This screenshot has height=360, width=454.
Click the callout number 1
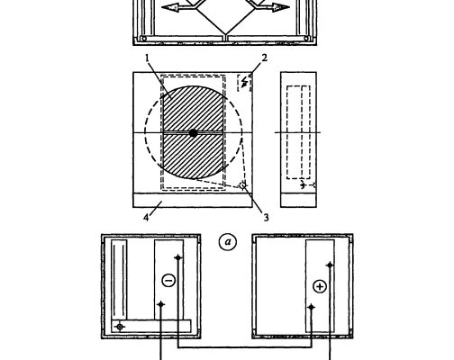(x=147, y=58)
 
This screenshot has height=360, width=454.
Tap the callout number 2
(x=264, y=58)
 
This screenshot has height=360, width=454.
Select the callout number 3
(x=266, y=218)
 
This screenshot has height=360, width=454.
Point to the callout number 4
(x=146, y=218)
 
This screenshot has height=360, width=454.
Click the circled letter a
(x=228, y=242)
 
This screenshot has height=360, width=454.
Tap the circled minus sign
(x=168, y=281)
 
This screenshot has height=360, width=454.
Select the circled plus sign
(x=320, y=286)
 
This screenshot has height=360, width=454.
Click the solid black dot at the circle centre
(x=193, y=133)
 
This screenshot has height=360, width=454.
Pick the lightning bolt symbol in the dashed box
(x=245, y=82)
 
